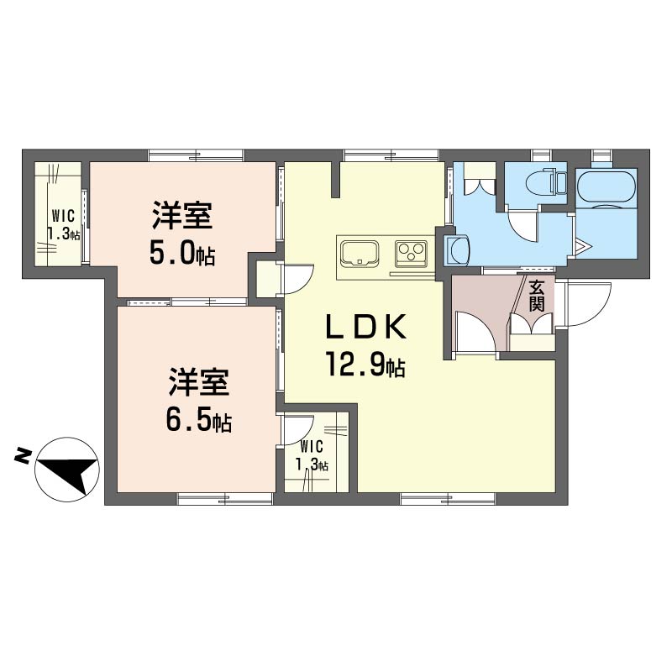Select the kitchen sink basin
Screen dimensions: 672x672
pos(360,253)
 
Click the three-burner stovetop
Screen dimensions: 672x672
pos(412,251)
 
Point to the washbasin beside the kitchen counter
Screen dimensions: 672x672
pos(457,249)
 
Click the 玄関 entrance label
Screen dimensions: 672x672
pos(537,296)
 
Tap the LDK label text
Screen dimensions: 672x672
pos(366,328)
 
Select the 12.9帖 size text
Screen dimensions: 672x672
pos(365,365)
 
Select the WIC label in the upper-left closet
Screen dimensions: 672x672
pos(64,216)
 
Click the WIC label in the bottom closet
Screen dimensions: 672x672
pos(311,447)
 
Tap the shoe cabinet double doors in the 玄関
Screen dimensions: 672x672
pos(532,323)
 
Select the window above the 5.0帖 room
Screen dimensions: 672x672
pos(197,155)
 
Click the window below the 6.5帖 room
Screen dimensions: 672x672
pos(225,498)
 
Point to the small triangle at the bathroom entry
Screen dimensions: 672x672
pos(583,247)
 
